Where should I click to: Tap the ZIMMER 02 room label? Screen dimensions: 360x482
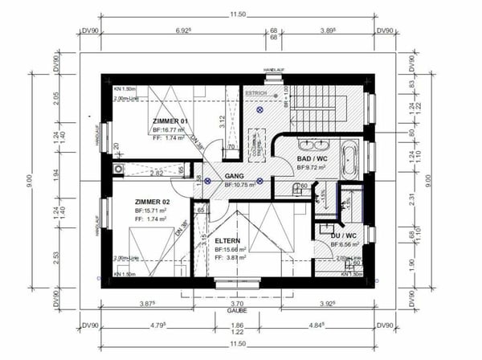tap(153, 201)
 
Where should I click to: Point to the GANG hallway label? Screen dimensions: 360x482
tap(235, 176)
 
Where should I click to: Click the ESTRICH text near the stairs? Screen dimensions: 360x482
tap(256, 92)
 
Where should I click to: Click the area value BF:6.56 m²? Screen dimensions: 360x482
tap(346, 245)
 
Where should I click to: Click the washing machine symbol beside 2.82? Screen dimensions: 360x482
tap(120, 170)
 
